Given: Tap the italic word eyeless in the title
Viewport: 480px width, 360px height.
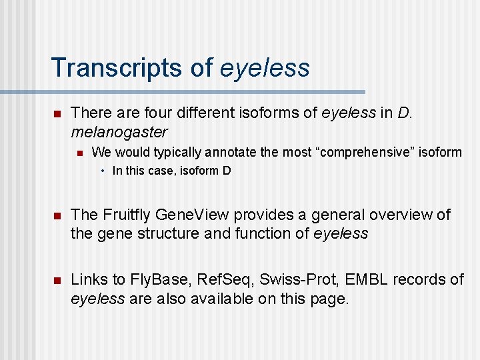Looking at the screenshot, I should pos(265,68).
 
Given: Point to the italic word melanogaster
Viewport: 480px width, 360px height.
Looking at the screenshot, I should pos(119,132).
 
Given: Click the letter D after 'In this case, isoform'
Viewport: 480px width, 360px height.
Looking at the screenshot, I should pos(227,171).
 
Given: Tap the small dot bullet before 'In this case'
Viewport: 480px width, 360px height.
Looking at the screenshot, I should pos(103,171).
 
